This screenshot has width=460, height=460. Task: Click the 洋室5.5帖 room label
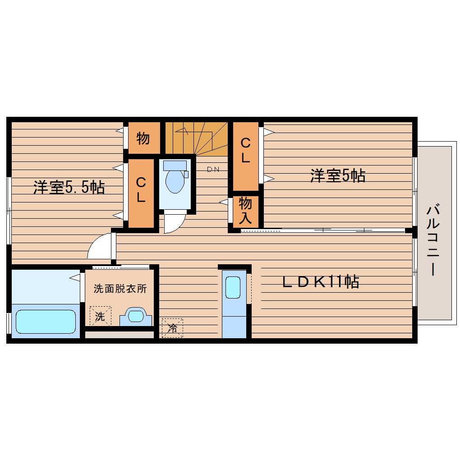coord(69,187)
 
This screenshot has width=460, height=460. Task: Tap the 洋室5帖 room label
coord(338,175)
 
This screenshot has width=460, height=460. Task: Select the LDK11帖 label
coord(321,282)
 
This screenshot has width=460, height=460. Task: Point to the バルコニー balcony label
coord(434,240)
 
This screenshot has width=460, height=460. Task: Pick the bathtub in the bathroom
coord(46,321)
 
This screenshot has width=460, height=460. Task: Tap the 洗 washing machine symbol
coord(100,316)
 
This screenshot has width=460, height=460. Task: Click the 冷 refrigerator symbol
coord(172,328)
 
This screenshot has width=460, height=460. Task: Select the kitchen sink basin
coord(233,287)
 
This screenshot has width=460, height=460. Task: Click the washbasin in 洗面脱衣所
coord(135,316)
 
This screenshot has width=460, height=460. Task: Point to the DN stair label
coord(213,170)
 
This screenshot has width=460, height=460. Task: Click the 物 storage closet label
coord(143,138)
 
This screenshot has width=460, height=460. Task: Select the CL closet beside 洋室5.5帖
coord(141,189)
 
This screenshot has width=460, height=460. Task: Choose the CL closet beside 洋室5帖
coord(245,150)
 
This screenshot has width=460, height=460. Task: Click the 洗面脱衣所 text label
coord(120,289)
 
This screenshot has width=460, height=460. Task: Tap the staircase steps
coord(196,137)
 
